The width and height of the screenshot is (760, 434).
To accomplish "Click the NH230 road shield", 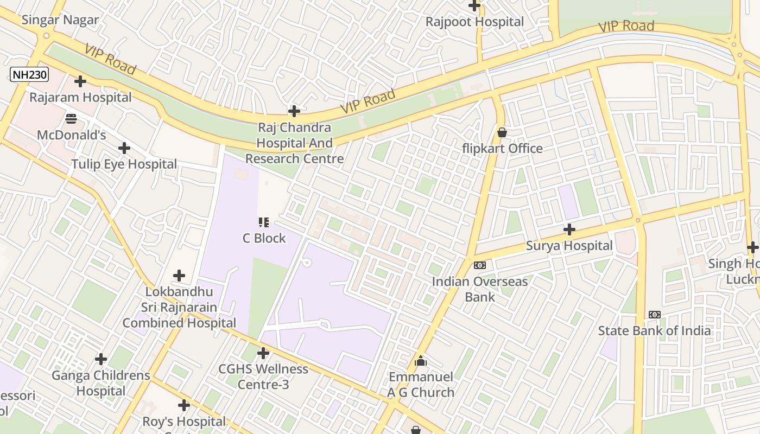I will click(x=29, y=74).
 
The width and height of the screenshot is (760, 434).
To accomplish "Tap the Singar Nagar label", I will click(x=60, y=20).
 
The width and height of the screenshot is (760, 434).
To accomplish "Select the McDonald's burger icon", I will click(x=71, y=118).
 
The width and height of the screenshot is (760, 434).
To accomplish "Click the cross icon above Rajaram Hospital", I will click(x=80, y=81).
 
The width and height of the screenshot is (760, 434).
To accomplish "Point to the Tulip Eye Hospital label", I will click(x=124, y=164).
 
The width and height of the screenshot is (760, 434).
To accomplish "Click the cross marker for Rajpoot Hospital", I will click(x=474, y=6).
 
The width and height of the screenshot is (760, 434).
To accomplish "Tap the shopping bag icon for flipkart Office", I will click(x=502, y=132).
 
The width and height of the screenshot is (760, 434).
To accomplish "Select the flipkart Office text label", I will click(x=502, y=149).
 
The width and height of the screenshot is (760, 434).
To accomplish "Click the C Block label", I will click(x=264, y=238).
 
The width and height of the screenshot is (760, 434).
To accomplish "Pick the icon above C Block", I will click(x=264, y=222).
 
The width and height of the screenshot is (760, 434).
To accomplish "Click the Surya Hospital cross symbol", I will click(x=569, y=229).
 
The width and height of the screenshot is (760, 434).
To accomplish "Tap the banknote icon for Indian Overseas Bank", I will click(x=480, y=265).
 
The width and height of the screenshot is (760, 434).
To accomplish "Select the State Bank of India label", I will click(x=654, y=330).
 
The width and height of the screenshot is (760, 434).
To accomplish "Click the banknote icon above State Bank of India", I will click(x=654, y=315).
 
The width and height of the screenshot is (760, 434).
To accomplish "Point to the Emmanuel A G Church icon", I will click(x=421, y=361).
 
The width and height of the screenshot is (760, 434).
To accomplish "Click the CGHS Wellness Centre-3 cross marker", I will click(x=263, y=353).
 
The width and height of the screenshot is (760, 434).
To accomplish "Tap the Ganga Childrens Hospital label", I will click(x=101, y=383).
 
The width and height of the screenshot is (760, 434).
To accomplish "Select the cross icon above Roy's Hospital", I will click(x=184, y=405).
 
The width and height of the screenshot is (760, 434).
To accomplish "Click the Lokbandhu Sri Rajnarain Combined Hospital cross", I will click(x=179, y=276).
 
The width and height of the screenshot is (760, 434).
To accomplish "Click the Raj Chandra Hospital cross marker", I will click(x=294, y=111).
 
